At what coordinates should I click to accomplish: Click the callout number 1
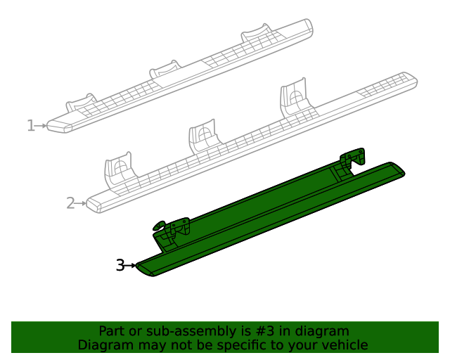30,126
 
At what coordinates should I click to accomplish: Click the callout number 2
70,203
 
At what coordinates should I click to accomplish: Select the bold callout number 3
120,265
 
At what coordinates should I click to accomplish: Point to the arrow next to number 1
41,126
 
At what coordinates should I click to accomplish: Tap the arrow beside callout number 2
82,203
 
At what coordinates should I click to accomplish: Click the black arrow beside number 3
131,265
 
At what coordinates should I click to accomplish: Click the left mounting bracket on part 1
81,103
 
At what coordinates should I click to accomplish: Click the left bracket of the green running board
172,231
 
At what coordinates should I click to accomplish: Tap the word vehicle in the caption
344,345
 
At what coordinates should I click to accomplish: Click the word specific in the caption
254,345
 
